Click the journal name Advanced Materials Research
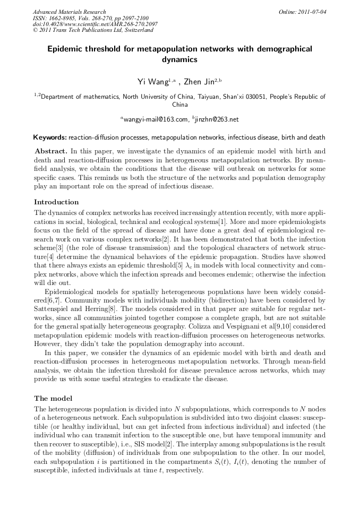pyautogui.click(x=69, y=12)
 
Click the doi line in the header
pyautogui.click(x=95, y=24)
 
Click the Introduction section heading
pyautogui.click(x=56, y=202)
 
